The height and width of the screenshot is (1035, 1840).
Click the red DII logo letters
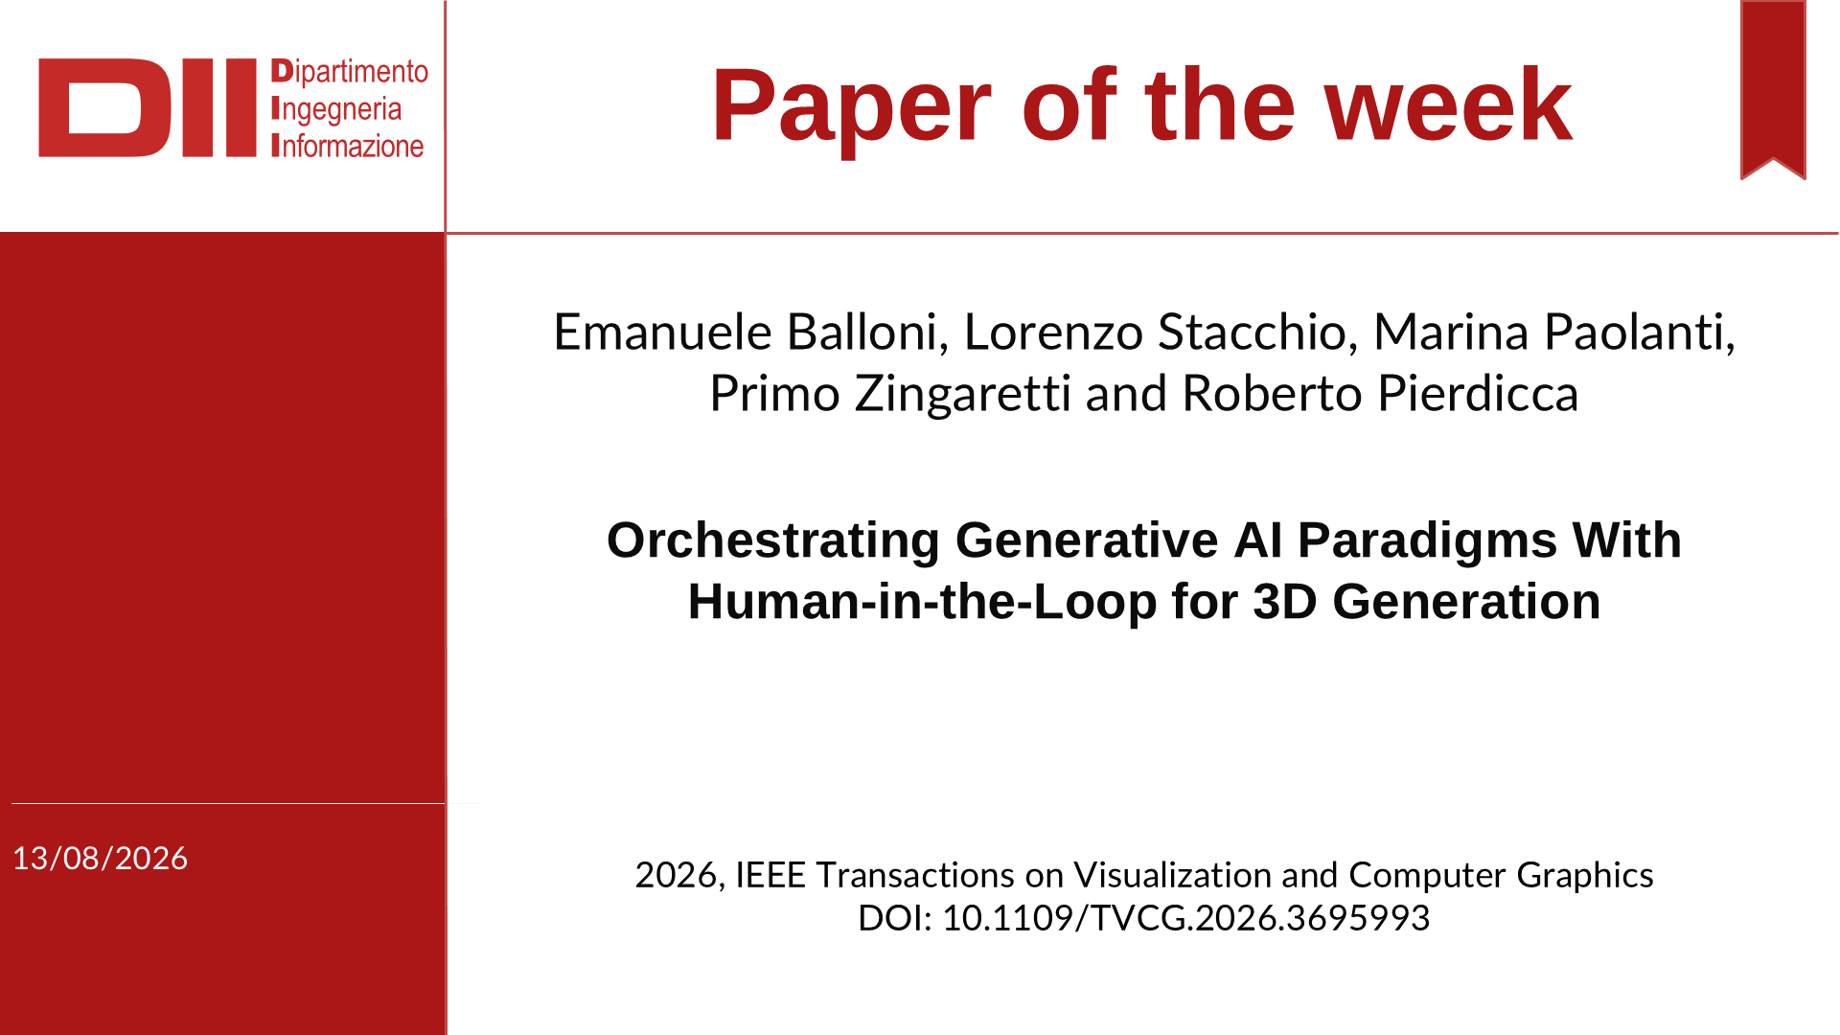tap(148, 107)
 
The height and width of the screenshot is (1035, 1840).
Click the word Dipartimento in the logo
tap(350, 72)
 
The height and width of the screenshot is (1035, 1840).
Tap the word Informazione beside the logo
tap(348, 146)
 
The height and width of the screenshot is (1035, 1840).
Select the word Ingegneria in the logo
tap(336, 110)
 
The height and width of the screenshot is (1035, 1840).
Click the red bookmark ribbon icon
tap(1773, 89)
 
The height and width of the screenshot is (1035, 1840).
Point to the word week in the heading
tap(1448, 105)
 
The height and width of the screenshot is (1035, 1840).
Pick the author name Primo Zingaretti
tap(890, 394)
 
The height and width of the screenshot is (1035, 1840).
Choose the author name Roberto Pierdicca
tap(1380, 394)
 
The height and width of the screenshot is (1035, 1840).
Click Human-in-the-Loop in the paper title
tap(922, 602)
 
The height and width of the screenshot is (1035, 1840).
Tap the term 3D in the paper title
tap(1285, 602)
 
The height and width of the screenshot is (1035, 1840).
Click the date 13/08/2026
tap(100, 858)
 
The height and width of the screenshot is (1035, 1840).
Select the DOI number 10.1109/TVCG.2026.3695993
tap(1185, 918)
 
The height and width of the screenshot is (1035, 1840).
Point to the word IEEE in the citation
tap(770, 875)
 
